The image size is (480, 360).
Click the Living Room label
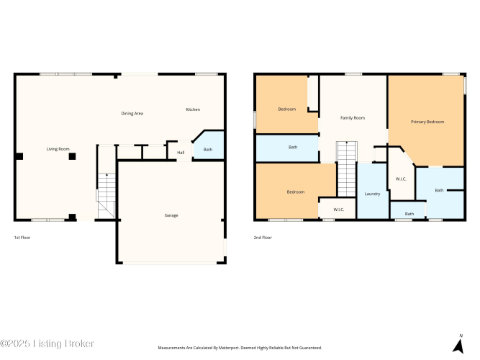tap(58, 149)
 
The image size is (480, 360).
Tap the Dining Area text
tap(132, 113)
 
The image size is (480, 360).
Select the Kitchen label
tap(193, 109)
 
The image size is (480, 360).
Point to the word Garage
tap(171, 215)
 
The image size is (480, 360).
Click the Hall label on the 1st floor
tap(181, 152)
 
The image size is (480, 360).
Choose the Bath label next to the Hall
tap(208, 150)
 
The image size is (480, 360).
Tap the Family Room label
tap(353, 117)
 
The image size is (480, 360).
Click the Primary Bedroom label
tap(427, 122)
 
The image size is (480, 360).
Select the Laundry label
tap(372, 194)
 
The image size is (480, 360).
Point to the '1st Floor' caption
tap(22, 238)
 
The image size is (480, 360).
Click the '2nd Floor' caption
tap(263, 238)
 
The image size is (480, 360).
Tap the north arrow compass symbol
tap(458, 346)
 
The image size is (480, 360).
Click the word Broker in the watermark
tap(80, 343)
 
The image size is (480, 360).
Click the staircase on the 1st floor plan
tap(107, 196)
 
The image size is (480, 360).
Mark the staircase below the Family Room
tap(347, 169)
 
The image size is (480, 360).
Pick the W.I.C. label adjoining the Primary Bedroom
tap(401, 179)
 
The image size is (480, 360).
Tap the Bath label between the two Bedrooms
tap(293, 147)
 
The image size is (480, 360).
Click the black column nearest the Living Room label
tap(72, 156)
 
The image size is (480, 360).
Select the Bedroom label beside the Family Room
tap(287, 109)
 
